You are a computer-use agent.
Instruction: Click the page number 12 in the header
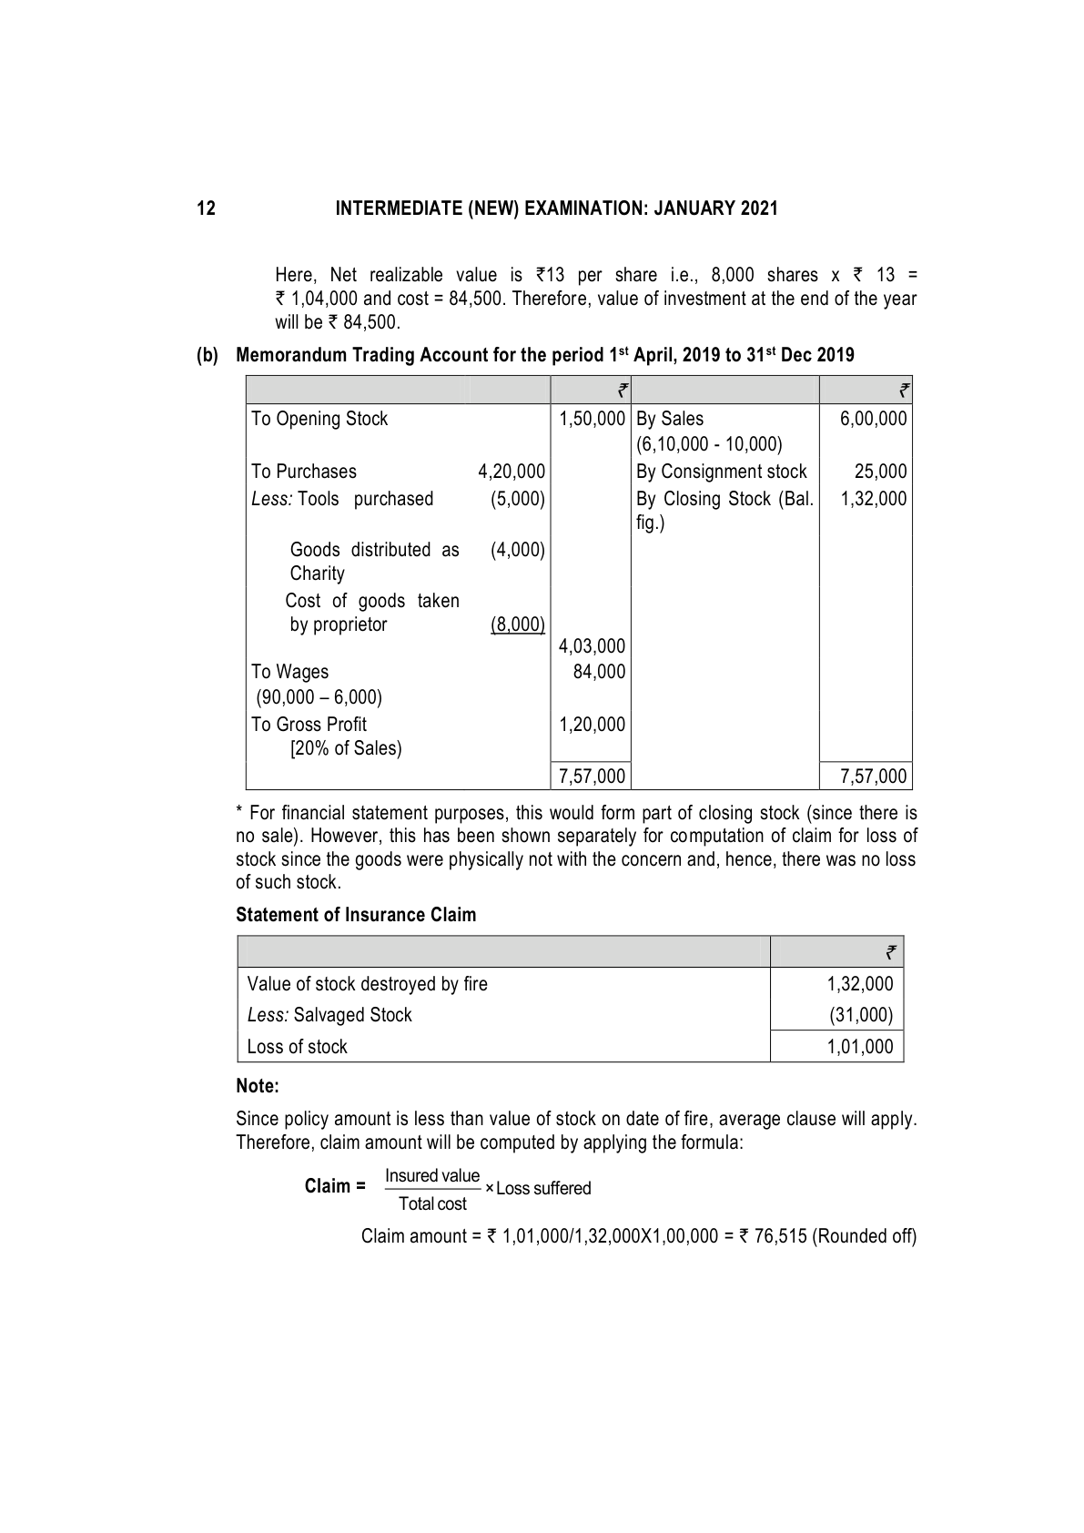[x=207, y=208]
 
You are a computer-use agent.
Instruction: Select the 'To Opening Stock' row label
[x=319, y=419]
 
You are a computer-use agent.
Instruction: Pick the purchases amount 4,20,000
[x=512, y=472]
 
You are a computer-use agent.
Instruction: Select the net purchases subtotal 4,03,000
[x=593, y=646]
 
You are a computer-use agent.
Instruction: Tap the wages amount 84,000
[x=600, y=672]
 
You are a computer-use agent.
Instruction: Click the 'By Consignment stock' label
[x=722, y=472]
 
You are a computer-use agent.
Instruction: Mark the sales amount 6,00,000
[x=874, y=419]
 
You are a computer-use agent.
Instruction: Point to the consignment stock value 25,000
[x=881, y=472]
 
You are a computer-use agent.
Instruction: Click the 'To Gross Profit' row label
[x=309, y=725]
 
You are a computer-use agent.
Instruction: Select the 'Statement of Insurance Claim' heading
[x=356, y=915]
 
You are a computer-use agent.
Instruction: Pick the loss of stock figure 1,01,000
[x=860, y=1047]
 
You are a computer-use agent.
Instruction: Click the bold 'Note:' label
[x=258, y=1086]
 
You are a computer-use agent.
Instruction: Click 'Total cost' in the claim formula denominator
[x=432, y=1204]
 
